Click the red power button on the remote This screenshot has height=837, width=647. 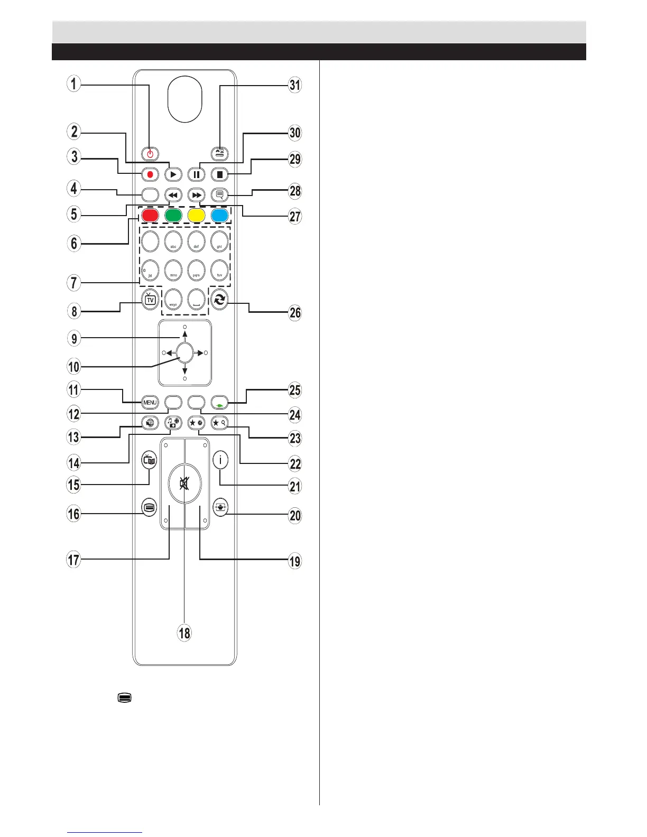[150, 154]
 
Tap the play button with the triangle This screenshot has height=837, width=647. [173, 174]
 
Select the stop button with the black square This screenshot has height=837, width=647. [219, 174]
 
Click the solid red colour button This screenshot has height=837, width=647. [150, 215]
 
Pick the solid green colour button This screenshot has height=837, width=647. [173, 215]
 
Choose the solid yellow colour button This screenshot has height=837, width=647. [196, 215]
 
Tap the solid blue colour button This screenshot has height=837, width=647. [219, 215]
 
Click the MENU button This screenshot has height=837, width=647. [150, 403]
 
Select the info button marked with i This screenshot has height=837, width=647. [220, 460]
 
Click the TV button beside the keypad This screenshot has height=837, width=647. [150, 300]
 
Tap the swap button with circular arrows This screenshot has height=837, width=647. [220, 300]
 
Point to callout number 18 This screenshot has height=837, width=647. [184, 633]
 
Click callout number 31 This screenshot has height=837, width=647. [294, 85]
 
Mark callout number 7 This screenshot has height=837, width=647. [74, 282]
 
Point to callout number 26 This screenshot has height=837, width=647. [294, 312]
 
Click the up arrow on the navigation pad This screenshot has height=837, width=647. [184, 334]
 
